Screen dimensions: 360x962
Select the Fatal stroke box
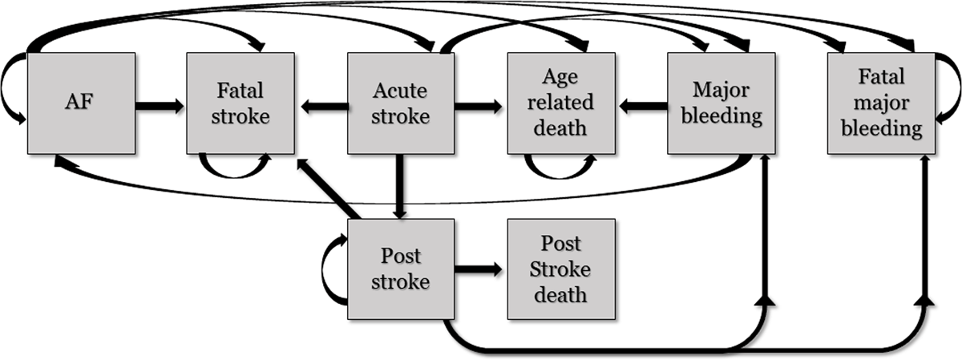tap(240, 103)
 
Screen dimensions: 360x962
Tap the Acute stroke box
tap(401, 103)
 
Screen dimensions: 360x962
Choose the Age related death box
tap(561, 103)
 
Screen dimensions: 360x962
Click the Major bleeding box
tap(721, 103)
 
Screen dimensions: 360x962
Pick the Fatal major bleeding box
tap(882, 103)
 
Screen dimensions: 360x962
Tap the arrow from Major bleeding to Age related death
tap(643, 105)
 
